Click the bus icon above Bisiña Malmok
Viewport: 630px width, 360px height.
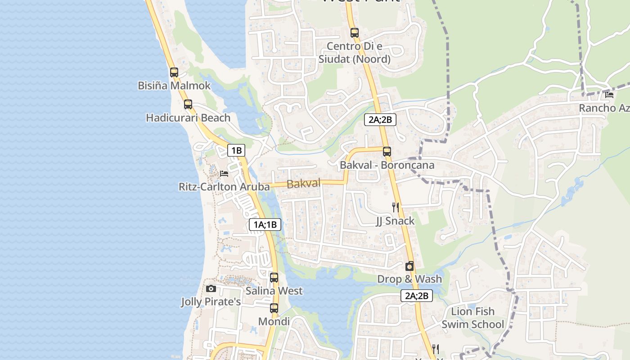point(174,72)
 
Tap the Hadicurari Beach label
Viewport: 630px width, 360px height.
point(188,118)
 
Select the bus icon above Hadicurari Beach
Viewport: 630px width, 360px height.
point(188,104)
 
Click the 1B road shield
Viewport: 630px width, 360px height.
point(236,150)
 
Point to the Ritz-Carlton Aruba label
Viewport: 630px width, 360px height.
point(224,186)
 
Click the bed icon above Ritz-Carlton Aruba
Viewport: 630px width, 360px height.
point(224,173)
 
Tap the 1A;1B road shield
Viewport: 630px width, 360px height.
point(265,225)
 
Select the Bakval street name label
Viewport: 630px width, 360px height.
point(303,184)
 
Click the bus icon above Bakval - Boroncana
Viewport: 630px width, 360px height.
point(387,152)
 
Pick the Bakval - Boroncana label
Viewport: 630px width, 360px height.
point(387,165)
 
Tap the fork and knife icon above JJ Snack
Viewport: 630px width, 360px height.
point(396,207)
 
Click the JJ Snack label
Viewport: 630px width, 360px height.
point(396,221)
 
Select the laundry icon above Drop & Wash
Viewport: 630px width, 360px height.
point(409,266)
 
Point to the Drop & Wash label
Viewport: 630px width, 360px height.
point(409,279)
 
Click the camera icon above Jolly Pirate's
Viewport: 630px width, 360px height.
point(211,288)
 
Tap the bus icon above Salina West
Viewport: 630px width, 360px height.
point(274,278)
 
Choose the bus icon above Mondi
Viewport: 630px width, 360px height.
point(274,308)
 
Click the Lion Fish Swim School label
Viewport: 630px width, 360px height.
point(472,318)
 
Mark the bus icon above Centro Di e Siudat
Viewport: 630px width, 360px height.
point(355,33)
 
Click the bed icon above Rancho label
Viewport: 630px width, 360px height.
point(609,95)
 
